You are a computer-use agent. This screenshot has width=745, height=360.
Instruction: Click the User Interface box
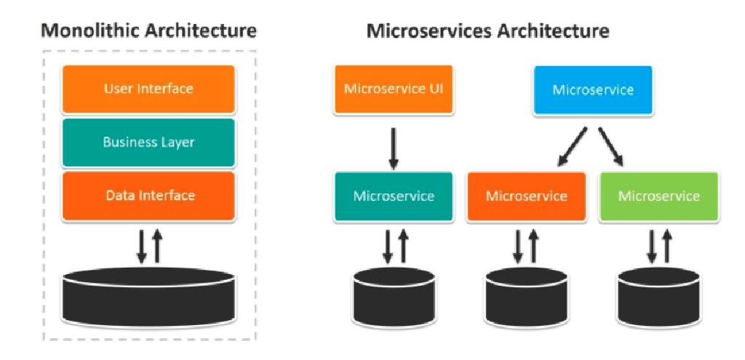pos(148,89)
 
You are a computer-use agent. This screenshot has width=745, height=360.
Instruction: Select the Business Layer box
pos(148,143)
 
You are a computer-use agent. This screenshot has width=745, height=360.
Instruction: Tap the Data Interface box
pos(148,195)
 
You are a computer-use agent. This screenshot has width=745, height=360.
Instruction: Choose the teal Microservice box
pos(393,196)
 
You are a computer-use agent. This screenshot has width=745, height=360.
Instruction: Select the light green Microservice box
pos(658,196)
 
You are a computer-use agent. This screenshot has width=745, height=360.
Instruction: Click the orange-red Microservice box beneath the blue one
pos(526,196)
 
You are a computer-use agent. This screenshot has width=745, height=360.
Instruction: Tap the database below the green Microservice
pos(659,295)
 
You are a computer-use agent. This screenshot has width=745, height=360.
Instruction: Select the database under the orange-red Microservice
pos(526,295)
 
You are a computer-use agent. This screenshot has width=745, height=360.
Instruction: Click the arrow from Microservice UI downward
pos(393,148)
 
